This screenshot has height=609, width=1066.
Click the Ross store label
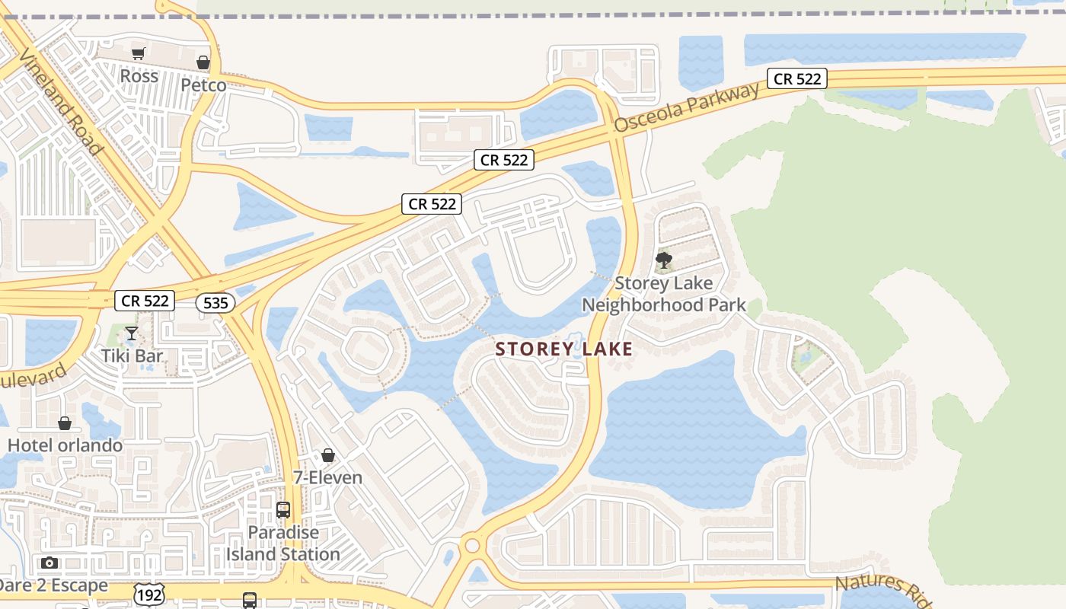tap(139, 76)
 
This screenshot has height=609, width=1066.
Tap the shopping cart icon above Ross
tap(138, 53)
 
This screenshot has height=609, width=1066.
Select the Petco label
tap(203, 84)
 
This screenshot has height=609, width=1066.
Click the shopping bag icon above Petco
tap(203, 62)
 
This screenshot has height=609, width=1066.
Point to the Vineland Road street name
tap(61, 102)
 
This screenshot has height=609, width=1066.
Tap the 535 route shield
tap(215, 302)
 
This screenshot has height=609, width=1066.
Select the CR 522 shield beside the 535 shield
tap(145, 301)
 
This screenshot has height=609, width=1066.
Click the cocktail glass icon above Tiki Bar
tap(132, 333)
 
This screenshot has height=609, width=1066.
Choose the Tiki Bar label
tap(133, 356)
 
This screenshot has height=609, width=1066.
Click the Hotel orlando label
tap(65, 445)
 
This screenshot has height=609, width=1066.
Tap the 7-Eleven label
tap(327, 478)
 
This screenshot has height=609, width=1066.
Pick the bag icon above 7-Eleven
tap(328, 455)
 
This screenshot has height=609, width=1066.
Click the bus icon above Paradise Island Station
tap(283, 510)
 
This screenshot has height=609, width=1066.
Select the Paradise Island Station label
tap(282, 543)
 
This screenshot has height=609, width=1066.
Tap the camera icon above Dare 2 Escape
tap(49, 563)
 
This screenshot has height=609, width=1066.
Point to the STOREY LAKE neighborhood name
tap(563, 349)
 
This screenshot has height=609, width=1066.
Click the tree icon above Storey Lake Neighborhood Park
tap(663, 261)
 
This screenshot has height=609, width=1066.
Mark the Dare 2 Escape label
tap(53, 586)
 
